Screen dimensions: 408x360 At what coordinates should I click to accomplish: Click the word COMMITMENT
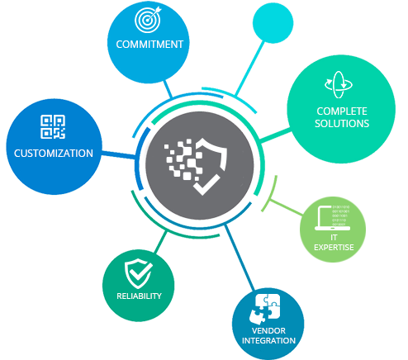point(149,45)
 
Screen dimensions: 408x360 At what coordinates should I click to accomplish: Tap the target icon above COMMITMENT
point(148,20)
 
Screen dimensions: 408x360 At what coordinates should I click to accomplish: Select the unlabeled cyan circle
point(273,23)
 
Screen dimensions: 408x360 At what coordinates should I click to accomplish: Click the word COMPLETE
point(342,111)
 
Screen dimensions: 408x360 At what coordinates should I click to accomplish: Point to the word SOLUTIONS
point(342,124)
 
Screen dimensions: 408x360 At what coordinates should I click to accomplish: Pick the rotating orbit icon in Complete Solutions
point(339,84)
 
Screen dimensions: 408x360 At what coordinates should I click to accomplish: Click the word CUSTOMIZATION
point(54,154)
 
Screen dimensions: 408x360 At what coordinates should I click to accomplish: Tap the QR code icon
point(53,126)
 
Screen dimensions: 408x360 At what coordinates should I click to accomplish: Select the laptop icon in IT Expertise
point(333,218)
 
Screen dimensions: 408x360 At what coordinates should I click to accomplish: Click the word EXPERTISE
point(334,248)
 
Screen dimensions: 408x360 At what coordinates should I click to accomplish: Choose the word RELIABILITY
point(139,296)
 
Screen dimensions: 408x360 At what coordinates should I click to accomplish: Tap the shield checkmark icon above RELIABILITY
point(139,273)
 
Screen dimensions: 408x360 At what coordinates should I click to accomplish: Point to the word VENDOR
point(268,330)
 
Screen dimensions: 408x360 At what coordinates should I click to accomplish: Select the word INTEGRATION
point(268,341)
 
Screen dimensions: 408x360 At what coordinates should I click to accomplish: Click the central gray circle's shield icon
point(210,166)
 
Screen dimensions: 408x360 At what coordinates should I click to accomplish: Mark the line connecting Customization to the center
point(119,154)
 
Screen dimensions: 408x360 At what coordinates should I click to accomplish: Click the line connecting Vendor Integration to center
point(240,258)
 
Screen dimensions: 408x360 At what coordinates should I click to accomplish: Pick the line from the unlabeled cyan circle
point(249,69)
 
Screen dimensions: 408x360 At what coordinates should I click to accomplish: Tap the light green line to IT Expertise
point(286,207)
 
